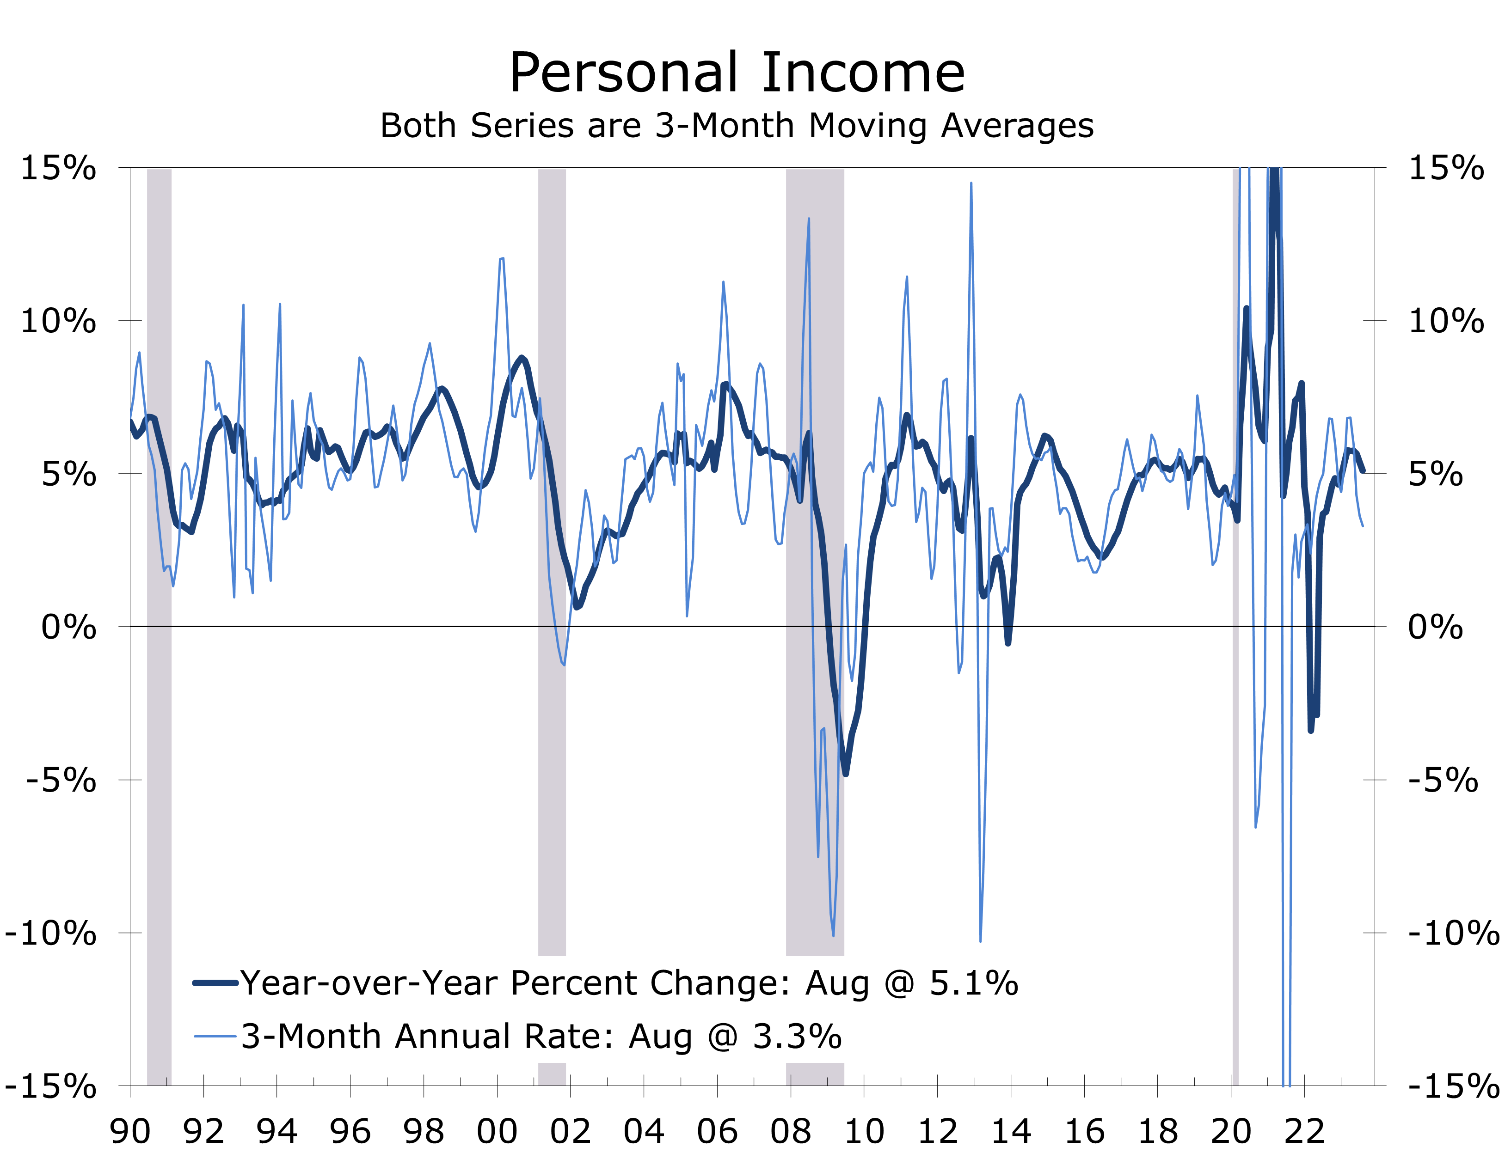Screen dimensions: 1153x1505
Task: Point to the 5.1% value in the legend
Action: point(974,983)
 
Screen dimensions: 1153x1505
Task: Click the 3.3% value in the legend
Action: point(797,1037)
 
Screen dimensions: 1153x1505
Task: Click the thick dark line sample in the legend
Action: point(215,983)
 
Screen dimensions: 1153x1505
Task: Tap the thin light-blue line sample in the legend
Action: point(215,1037)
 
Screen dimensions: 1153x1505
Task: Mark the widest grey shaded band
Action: point(815,549)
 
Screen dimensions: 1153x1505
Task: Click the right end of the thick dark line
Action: point(1364,471)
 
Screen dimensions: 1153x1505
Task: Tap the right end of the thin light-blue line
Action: point(1363,526)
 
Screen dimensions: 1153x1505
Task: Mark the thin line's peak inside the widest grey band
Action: point(809,219)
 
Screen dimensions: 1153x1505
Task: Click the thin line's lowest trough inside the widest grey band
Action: point(834,935)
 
